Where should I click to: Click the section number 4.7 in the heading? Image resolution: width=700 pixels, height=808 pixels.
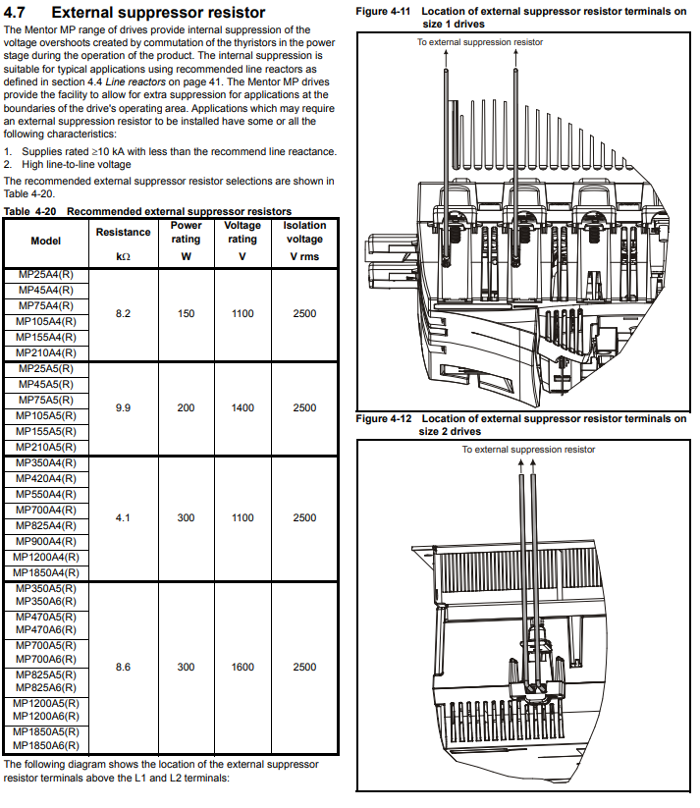click(x=14, y=12)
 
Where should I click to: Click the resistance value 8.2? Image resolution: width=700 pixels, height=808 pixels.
click(x=123, y=314)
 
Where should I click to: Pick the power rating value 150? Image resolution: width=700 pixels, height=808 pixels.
click(x=187, y=314)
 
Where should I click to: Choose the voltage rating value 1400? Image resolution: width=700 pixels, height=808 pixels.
click(x=242, y=408)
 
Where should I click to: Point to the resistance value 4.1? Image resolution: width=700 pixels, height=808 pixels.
click(x=123, y=517)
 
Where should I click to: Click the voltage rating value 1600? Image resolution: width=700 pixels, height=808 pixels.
click(x=242, y=668)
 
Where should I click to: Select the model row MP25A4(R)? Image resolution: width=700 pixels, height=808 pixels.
click(x=46, y=275)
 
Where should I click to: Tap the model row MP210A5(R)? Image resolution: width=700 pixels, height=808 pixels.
click(x=46, y=448)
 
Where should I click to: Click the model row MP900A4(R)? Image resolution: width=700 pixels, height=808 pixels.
click(x=46, y=542)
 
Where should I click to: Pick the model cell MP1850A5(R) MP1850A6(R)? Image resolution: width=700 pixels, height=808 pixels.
click(x=46, y=739)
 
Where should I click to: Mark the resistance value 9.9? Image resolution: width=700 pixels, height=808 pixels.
click(x=123, y=408)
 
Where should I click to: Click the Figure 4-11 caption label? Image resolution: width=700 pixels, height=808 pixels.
click(x=383, y=12)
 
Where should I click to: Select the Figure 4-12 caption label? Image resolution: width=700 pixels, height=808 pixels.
click(x=384, y=419)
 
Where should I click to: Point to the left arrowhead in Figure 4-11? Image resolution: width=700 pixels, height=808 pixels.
click(x=446, y=53)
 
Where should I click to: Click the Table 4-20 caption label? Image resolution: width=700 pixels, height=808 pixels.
click(x=29, y=211)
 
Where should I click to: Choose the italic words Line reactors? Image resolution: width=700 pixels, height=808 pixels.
click(x=135, y=81)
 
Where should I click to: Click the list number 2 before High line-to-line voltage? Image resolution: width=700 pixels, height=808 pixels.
click(x=7, y=164)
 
